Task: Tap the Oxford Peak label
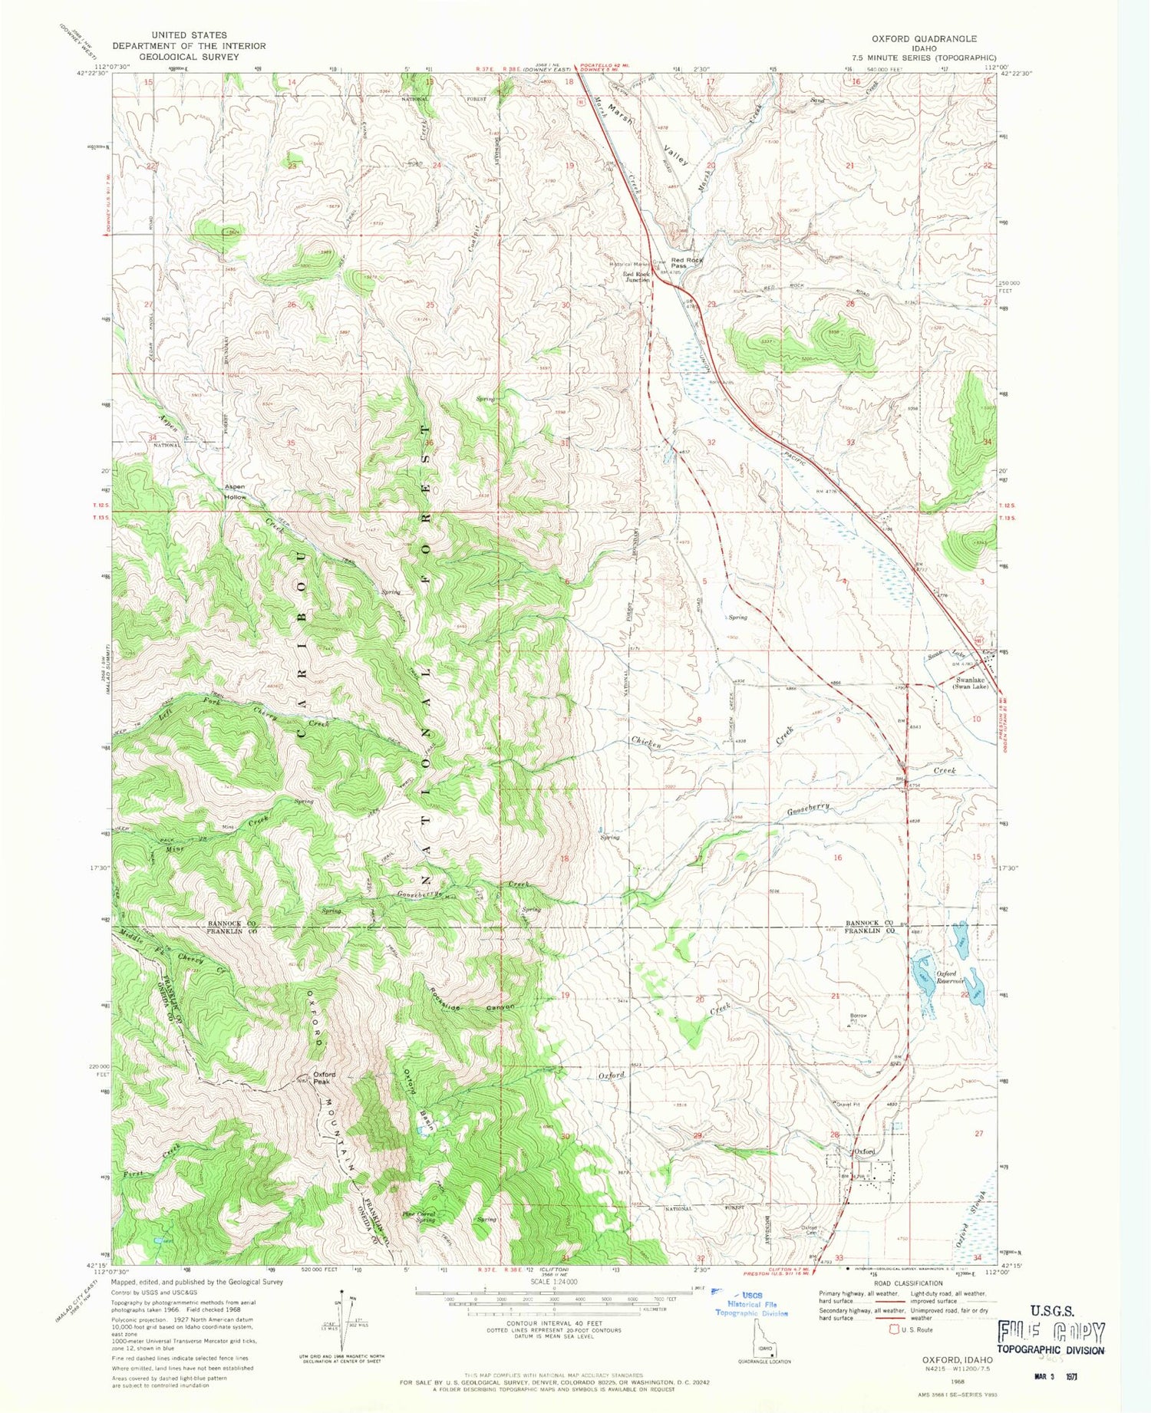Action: tap(322, 1079)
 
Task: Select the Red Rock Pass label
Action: tap(687, 263)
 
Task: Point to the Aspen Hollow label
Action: tap(235, 492)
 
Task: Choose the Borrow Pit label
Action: tap(858, 1018)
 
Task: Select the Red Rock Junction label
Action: tap(636, 277)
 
